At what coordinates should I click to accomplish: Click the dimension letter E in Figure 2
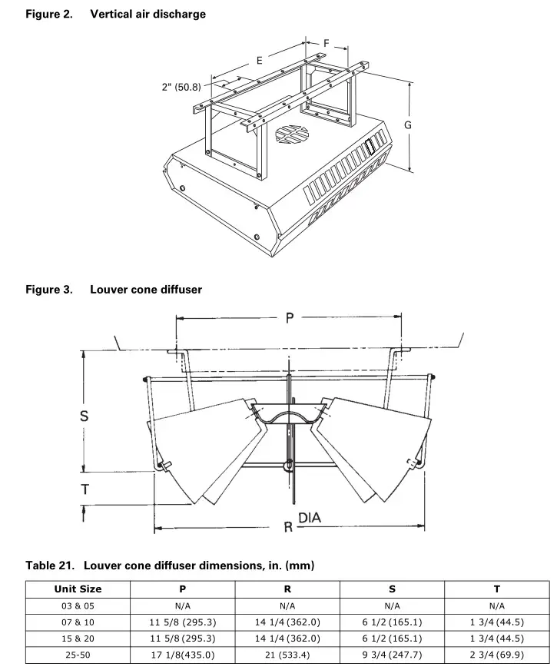pyautogui.click(x=260, y=59)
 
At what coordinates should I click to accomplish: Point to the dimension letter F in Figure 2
pyautogui.click(x=327, y=43)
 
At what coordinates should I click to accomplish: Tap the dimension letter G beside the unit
pyautogui.click(x=408, y=124)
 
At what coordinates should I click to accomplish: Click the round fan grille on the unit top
pyautogui.click(x=292, y=134)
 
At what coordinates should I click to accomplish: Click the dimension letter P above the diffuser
pyautogui.click(x=290, y=317)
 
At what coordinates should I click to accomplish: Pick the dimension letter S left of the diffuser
pyautogui.click(x=84, y=416)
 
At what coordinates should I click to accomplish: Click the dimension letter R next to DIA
pyautogui.click(x=288, y=528)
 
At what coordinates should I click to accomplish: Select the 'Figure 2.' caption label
pyautogui.click(x=50, y=14)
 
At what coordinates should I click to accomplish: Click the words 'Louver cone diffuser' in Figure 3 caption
pyautogui.click(x=146, y=289)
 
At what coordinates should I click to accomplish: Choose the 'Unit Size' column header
pyautogui.click(x=78, y=589)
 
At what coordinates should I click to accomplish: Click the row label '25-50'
pyautogui.click(x=78, y=655)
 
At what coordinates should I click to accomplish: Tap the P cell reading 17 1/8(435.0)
pyautogui.click(x=182, y=655)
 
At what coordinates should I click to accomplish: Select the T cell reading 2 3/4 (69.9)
pyautogui.click(x=496, y=655)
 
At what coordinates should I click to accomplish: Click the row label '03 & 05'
pyautogui.click(x=78, y=605)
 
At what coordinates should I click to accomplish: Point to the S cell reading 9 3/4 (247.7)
pyautogui.click(x=392, y=655)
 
